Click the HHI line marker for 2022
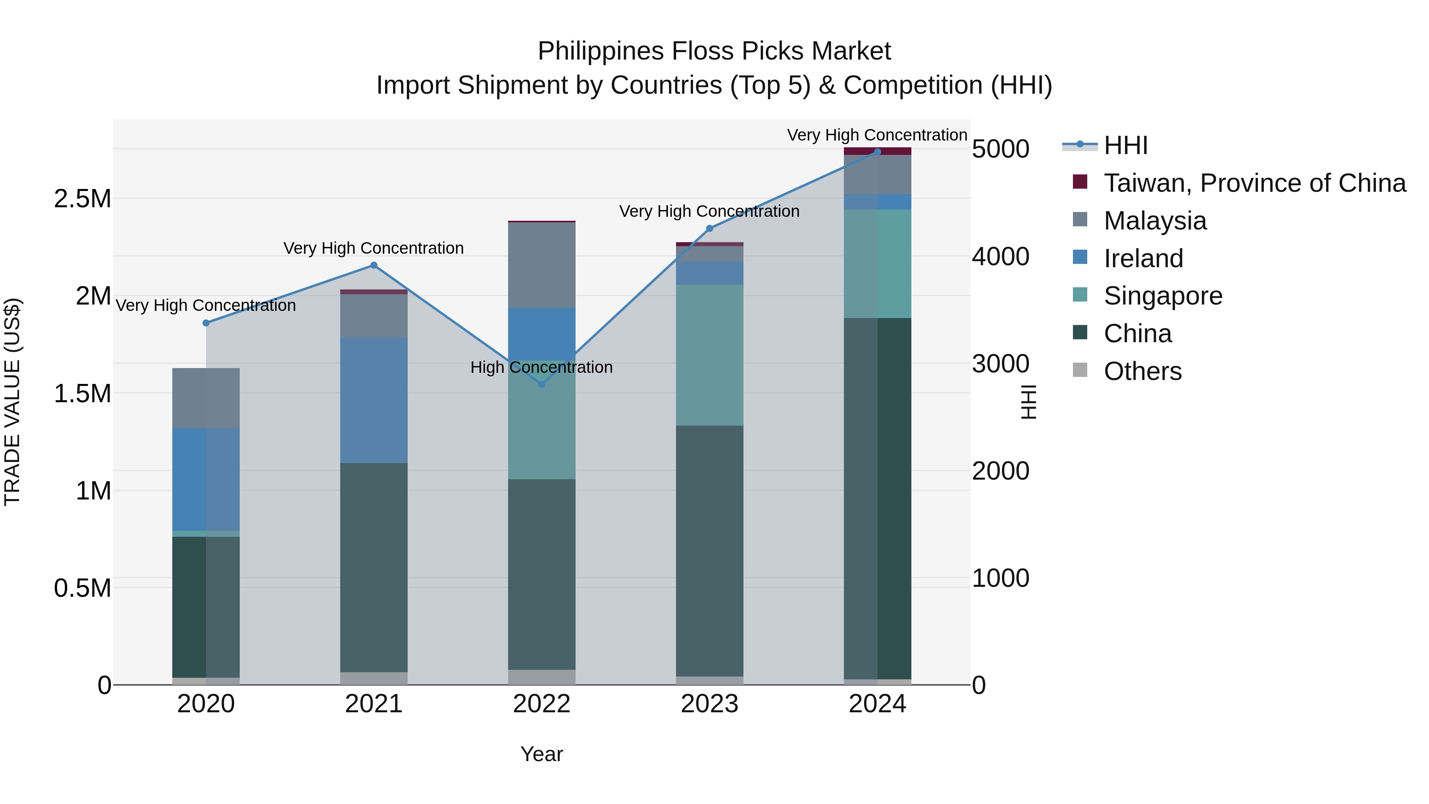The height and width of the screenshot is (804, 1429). click(x=541, y=384)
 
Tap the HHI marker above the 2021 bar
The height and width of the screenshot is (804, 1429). click(x=374, y=265)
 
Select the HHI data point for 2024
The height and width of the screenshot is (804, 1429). click(x=877, y=152)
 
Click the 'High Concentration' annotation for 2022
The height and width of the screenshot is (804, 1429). click(x=541, y=367)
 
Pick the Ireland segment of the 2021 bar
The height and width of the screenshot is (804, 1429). click(x=374, y=399)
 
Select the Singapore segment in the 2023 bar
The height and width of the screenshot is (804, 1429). click(x=709, y=355)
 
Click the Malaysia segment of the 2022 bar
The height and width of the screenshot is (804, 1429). click(x=541, y=265)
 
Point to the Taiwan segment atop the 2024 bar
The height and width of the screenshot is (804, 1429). click(x=877, y=151)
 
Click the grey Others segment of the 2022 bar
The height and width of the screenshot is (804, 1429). click(x=541, y=677)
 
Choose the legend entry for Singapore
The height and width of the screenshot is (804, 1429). click(x=1163, y=296)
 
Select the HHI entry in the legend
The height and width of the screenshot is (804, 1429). click(x=1125, y=145)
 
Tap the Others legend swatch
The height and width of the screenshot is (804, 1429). click(x=1080, y=370)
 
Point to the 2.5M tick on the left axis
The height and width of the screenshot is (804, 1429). click(x=82, y=199)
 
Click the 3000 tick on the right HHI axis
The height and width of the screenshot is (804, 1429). click(x=1000, y=364)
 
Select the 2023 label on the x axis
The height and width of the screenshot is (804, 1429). click(x=709, y=704)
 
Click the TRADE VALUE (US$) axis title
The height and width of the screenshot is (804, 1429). click(x=12, y=402)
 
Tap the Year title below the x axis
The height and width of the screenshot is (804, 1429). click(x=541, y=754)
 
